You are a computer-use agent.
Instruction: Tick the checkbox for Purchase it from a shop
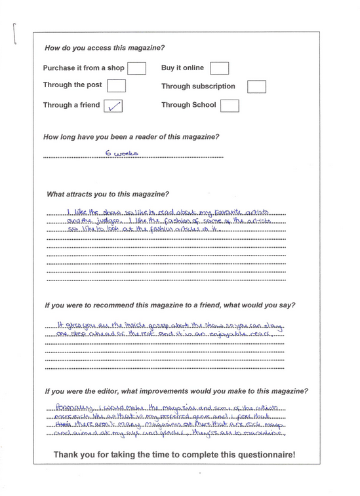[136, 68]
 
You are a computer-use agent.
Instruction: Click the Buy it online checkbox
[219, 68]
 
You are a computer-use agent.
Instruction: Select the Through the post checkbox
[116, 86]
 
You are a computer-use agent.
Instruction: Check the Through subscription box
[256, 86]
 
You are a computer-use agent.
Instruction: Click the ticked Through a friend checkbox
[113, 105]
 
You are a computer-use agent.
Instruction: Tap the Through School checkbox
[230, 105]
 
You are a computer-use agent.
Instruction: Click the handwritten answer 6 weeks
[122, 153]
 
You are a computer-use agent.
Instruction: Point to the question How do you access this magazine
[104, 48]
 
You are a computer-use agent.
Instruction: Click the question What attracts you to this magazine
[108, 195]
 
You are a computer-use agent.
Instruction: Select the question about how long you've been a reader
[131, 137]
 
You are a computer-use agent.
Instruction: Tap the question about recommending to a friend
[170, 305]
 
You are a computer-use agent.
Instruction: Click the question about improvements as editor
[176, 391]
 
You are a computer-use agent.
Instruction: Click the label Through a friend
[71, 105]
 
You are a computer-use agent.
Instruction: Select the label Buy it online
[182, 67]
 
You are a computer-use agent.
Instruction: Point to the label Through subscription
[198, 86]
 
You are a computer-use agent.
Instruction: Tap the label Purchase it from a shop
[83, 67]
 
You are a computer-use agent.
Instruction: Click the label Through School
[188, 105]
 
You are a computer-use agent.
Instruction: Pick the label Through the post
[72, 85]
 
